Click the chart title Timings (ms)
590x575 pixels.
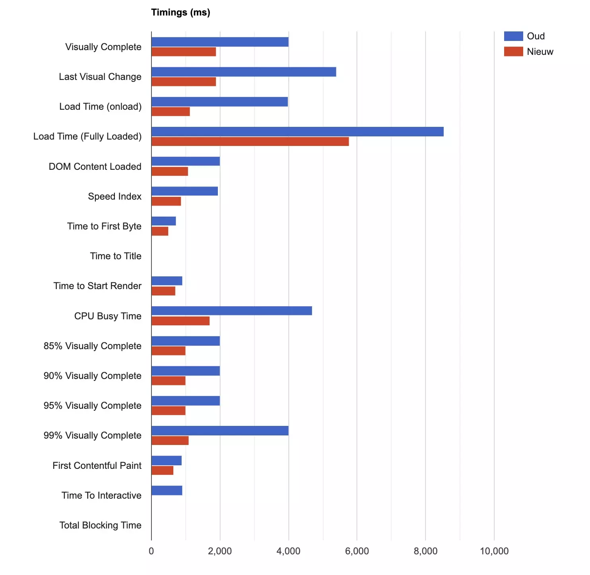click(180, 12)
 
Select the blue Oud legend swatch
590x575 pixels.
click(513, 36)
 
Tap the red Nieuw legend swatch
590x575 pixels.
click(513, 51)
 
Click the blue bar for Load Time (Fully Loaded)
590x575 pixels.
click(297, 132)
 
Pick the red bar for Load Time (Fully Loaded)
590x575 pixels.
click(250, 142)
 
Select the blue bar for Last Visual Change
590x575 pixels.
click(244, 72)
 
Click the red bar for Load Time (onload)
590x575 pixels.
click(171, 112)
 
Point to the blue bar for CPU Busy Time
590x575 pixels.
click(232, 311)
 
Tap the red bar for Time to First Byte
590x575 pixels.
click(160, 231)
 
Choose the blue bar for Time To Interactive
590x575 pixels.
click(167, 490)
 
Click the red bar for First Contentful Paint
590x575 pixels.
click(162, 470)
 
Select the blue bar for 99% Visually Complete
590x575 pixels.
click(220, 431)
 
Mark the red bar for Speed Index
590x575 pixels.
click(166, 201)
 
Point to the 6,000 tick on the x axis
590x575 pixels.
click(357, 551)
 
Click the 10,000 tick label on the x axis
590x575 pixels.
click(494, 551)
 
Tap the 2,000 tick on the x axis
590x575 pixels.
click(220, 551)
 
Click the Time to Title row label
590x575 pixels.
click(116, 256)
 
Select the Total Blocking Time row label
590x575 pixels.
click(100, 525)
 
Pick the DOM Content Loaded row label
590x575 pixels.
click(95, 167)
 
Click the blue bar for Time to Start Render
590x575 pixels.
click(167, 281)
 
